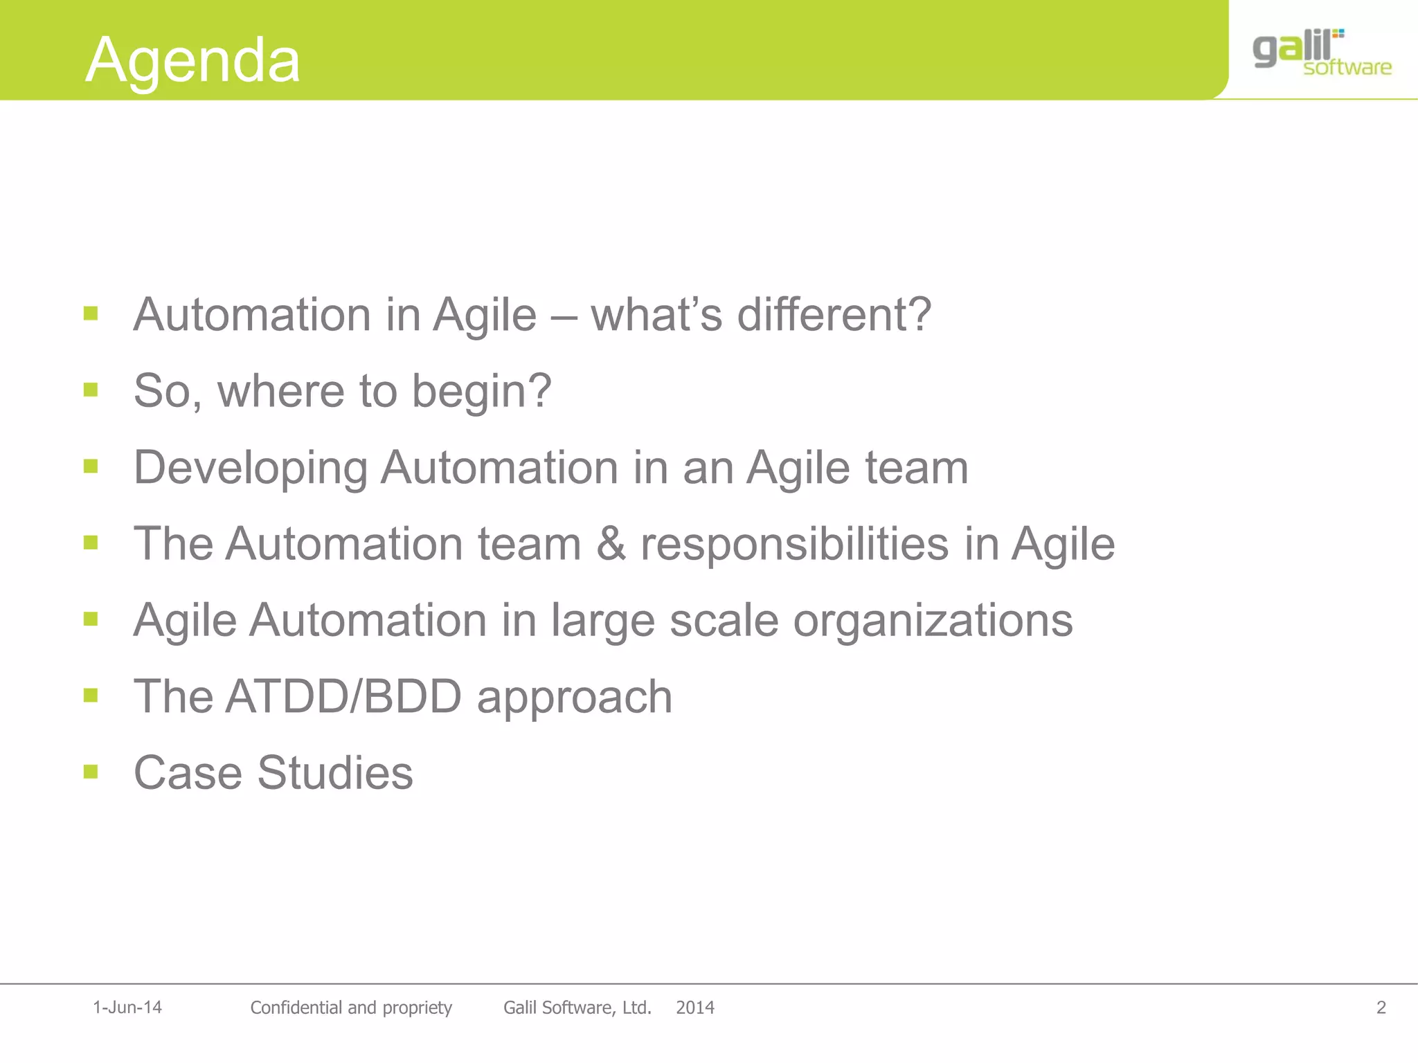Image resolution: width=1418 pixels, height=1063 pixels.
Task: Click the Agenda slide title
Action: click(x=192, y=60)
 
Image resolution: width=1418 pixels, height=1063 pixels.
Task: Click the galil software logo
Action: click(x=1320, y=53)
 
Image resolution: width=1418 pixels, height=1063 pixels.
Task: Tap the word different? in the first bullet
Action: click(x=834, y=315)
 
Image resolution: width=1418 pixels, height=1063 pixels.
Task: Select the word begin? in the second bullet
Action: click(x=481, y=392)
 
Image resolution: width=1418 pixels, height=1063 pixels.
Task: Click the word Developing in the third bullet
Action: click(x=250, y=469)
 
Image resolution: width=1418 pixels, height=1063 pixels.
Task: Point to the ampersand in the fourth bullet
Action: click(x=611, y=544)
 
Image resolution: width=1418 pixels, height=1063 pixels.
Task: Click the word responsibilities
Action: click(x=794, y=544)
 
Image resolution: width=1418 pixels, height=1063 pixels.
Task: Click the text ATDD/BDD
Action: click(x=343, y=696)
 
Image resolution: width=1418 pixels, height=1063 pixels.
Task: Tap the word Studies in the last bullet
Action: click(x=335, y=773)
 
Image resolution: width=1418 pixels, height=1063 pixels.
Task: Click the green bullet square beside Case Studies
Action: click(x=91, y=771)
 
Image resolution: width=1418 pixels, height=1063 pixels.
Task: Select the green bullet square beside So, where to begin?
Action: click(x=91, y=390)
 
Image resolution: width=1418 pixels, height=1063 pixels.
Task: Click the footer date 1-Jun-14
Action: click(x=127, y=1008)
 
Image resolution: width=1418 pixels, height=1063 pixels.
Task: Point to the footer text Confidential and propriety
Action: click(x=350, y=1008)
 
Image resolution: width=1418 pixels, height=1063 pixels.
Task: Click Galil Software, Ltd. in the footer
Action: click(x=577, y=1008)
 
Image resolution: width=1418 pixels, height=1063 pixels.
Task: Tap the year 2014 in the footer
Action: click(x=694, y=1008)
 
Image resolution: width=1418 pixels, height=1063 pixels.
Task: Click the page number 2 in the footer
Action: click(x=1381, y=1008)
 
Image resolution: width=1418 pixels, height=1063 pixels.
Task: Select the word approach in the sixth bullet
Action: click(x=574, y=698)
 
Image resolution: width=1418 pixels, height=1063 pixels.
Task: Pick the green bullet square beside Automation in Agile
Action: click(x=91, y=314)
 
